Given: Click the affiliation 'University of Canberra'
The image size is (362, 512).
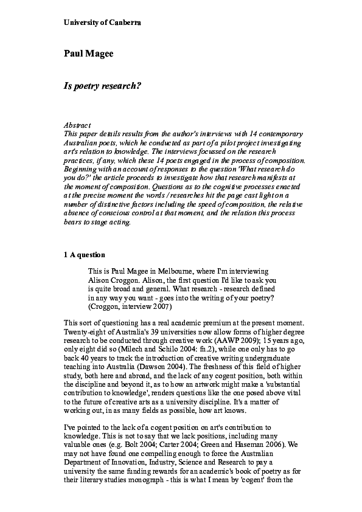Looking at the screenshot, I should click(102, 22).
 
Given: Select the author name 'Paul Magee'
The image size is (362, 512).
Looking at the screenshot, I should click(89, 54).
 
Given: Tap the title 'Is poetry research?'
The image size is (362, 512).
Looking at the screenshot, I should click(102, 86).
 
